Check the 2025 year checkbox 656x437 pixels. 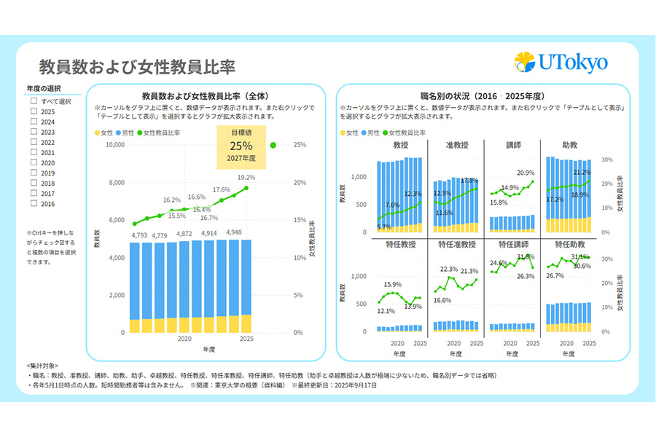[34, 111]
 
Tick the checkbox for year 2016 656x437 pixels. [34, 204]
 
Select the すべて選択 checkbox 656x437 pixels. [34, 101]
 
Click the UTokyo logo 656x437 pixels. [561, 63]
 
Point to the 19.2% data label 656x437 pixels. [246, 177]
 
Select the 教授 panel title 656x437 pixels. [400, 146]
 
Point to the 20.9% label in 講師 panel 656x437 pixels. [525, 173]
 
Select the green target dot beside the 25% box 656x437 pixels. [273, 145]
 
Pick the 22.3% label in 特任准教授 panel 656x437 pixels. [449, 269]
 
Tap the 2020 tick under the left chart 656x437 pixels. [184, 339]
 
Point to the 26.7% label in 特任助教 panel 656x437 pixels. [555, 276]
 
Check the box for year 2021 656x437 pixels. [34, 153]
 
